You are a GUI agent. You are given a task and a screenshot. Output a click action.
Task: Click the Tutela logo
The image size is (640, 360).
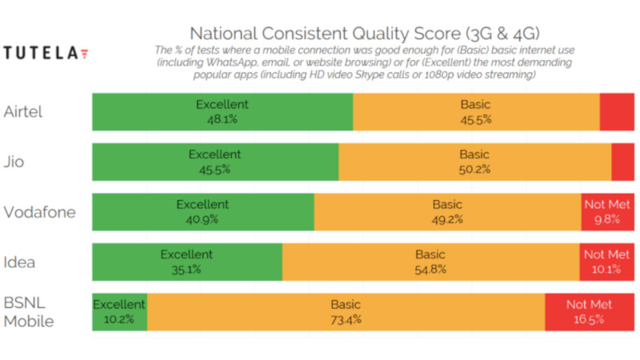(x=46, y=54)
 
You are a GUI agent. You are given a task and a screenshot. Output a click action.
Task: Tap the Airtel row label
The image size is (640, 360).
(x=23, y=111)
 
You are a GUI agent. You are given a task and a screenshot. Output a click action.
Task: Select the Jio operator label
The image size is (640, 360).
(x=14, y=162)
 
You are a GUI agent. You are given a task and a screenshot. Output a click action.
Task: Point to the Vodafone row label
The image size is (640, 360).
(x=40, y=212)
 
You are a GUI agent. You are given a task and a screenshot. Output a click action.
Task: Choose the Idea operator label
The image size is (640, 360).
(x=20, y=262)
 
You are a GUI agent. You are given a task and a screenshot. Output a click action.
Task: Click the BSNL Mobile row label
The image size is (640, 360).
(x=29, y=313)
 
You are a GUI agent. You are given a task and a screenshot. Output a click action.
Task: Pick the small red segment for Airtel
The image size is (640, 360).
(x=617, y=112)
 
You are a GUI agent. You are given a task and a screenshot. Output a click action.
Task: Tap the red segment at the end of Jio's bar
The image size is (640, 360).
(x=622, y=162)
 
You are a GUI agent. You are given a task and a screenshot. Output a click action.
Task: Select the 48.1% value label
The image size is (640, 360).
(x=222, y=119)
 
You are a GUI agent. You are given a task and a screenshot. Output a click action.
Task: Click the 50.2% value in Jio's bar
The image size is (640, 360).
(x=474, y=170)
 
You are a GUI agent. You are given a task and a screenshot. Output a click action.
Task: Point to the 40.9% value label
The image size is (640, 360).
(x=202, y=219)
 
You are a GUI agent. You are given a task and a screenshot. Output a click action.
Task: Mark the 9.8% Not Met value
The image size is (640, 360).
(x=607, y=219)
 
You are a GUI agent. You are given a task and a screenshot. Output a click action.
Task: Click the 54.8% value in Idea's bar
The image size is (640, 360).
(x=430, y=270)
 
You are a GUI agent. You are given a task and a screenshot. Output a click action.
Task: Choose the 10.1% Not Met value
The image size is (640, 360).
(x=606, y=270)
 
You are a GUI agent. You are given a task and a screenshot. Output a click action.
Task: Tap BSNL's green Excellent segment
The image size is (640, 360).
(x=119, y=312)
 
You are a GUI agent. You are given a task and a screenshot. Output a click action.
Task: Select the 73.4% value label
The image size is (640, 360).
(x=346, y=320)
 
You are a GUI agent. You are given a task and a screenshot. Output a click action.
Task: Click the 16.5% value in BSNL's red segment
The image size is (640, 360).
(x=589, y=320)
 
